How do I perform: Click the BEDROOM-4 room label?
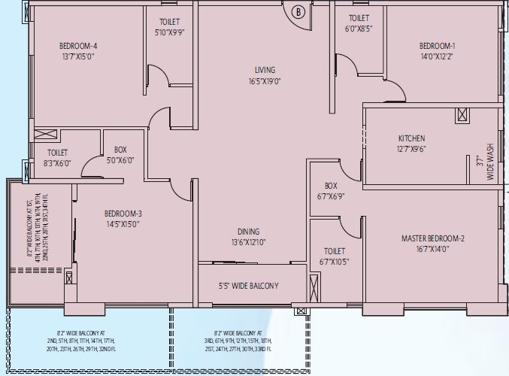79,45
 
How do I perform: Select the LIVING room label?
262,69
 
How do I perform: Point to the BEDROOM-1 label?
437,45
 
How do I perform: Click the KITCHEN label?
411,138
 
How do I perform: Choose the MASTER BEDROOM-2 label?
432,238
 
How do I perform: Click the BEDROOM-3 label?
123,214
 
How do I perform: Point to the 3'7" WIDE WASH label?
481,168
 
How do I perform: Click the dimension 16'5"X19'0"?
262,80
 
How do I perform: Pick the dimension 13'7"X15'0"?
79,56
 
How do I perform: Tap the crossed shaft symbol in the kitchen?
462,116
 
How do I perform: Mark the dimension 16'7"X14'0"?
432,249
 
